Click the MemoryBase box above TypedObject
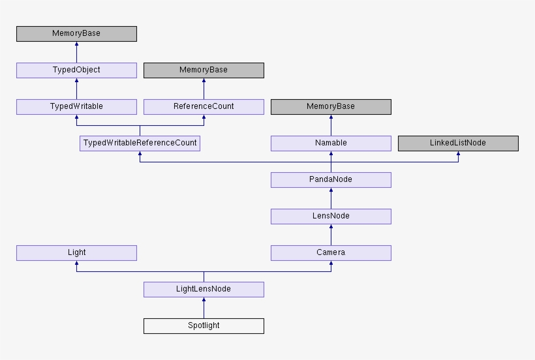(x=76, y=33)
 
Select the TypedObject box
(x=76, y=70)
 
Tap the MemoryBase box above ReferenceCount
(x=204, y=70)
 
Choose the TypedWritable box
(x=76, y=106)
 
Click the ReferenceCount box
(x=204, y=106)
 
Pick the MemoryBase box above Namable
(x=331, y=106)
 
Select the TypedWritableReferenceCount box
(x=140, y=143)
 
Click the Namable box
(x=331, y=143)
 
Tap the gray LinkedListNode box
(x=458, y=143)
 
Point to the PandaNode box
(x=331, y=179)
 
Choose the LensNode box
(x=331, y=216)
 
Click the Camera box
(x=331, y=252)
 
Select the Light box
(x=76, y=252)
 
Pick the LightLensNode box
(x=204, y=289)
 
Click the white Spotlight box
(x=204, y=325)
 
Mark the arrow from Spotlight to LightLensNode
(x=204, y=308)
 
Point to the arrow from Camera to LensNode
(x=331, y=235)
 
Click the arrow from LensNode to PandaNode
(x=331, y=198)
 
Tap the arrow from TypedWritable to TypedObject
(x=76, y=89)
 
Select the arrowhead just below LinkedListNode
(x=458, y=155)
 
